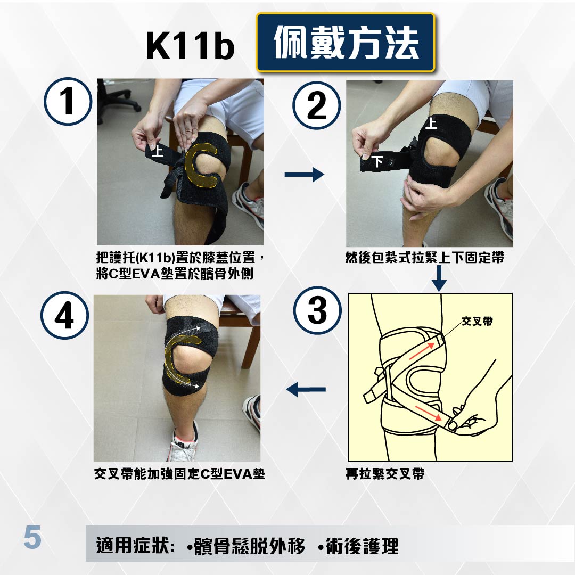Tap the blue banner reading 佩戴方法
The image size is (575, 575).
tap(346, 43)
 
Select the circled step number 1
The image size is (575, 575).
tap(68, 102)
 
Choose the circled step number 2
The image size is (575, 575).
tap(316, 105)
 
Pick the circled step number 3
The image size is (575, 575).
tap(317, 310)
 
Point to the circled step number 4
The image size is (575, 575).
tap(64, 315)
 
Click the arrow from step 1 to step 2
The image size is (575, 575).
tap(305, 174)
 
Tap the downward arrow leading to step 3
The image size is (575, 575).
tap(439, 278)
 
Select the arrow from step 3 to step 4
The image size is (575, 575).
tap(306, 389)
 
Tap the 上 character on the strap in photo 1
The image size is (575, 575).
tap(158, 150)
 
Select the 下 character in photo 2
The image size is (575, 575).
tap(377, 161)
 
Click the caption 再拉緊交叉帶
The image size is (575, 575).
tap(385, 474)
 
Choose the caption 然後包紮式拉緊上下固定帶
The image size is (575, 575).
tap(425, 258)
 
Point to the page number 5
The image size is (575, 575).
tap(32, 538)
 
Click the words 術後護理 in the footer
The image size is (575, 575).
tap(362, 546)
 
